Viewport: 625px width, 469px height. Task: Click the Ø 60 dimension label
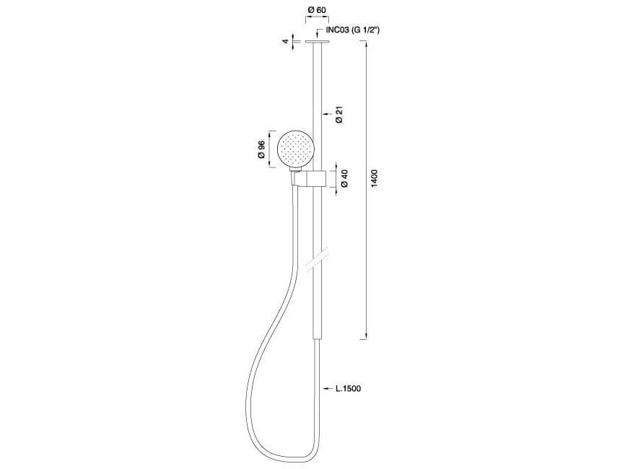point(317,10)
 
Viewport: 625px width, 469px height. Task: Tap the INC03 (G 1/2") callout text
point(353,30)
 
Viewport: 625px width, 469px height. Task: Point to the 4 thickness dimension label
point(286,41)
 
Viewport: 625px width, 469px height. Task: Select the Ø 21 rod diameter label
point(339,114)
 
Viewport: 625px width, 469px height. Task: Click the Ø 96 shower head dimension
point(261,150)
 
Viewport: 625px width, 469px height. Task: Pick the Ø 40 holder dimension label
point(345,178)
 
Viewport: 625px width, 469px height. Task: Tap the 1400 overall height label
point(374,178)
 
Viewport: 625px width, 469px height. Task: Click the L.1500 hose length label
point(349,388)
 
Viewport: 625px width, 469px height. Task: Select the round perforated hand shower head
point(295,149)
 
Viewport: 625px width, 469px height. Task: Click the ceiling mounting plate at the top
point(318,43)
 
